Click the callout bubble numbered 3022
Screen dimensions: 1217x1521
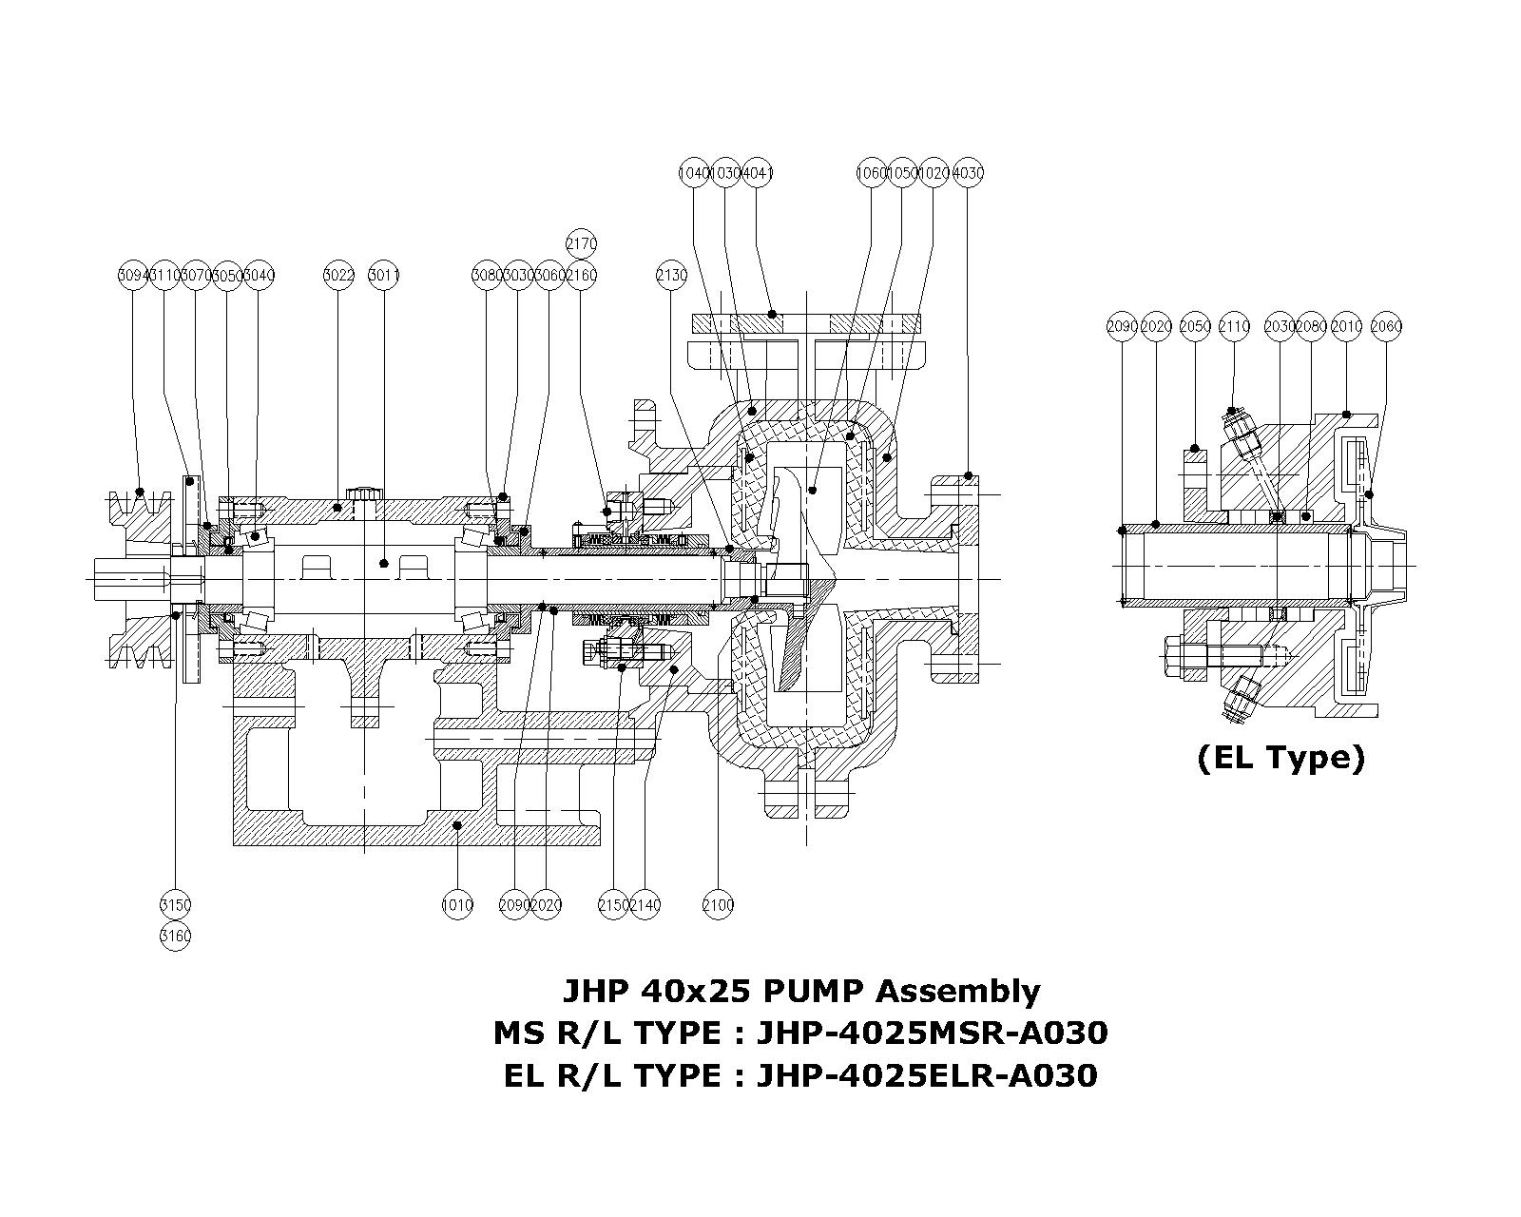pyautogui.click(x=338, y=276)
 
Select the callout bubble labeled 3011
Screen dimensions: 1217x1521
pyautogui.click(x=384, y=276)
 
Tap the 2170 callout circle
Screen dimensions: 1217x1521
pyautogui.click(x=581, y=244)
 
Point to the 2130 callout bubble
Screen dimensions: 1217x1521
pyautogui.click(x=671, y=276)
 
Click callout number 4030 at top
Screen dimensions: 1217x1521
pyautogui.click(x=968, y=173)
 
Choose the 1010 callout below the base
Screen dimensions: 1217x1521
pyautogui.click(x=457, y=905)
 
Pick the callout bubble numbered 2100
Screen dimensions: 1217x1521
pyautogui.click(x=718, y=905)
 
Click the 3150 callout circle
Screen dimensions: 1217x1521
pyautogui.click(x=175, y=905)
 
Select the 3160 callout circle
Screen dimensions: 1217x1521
pyautogui.click(x=175, y=937)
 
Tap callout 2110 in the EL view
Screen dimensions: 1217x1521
pyautogui.click(x=1234, y=326)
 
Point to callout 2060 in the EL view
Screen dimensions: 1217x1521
pyautogui.click(x=1387, y=326)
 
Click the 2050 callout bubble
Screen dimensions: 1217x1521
pyautogui.click(x=1195, y=326)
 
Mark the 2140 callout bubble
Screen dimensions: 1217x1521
pyautogui.click(x=645, y=905)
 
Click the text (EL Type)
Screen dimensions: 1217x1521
pyautogui.click(x=1280, y=758)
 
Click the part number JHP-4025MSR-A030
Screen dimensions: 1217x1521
pyautogui.click(x=932, y=1033)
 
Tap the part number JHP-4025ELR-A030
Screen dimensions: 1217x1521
pyautogui.click(x=927, y=1075)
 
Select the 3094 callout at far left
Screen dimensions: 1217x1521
pyautogui.click(x=133, y=276)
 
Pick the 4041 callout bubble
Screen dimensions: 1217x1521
pyautogui.click(x=757, y=173)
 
